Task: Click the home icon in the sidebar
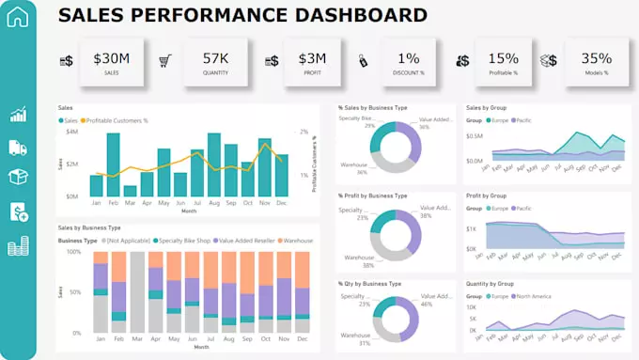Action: coord(17,19)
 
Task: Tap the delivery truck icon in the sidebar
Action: coord(18,148)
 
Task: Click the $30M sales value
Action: coord(113,58)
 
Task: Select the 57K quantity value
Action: coord(215,58)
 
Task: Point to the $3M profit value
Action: coord(313,58)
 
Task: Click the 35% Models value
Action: coord(596,58)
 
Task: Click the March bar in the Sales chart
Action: coord(130,191)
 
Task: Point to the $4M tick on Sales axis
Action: coord(72,133)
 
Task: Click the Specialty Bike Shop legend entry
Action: coord(183,241)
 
